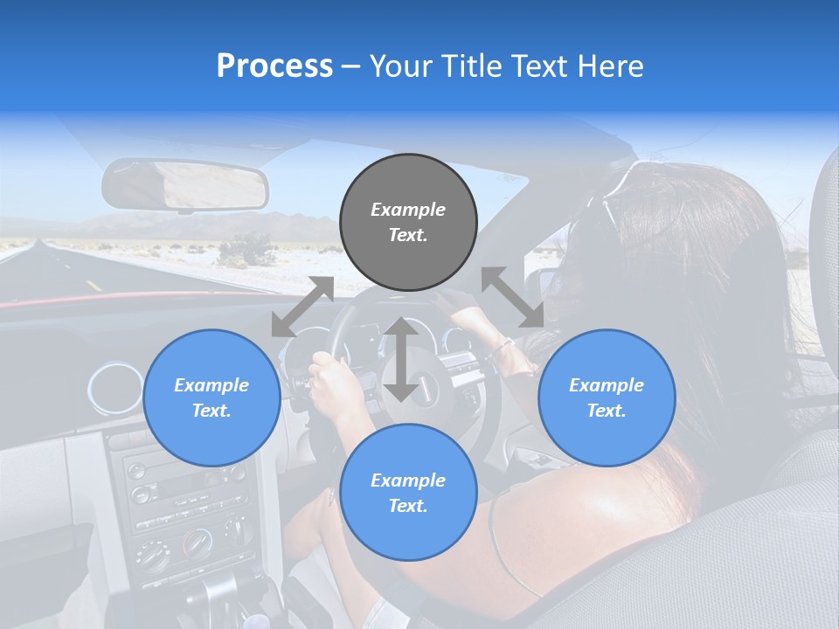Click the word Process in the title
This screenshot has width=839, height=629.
pyautogui.click(x=274, y=66)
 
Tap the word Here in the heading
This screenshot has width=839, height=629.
pyautogui.click(x=611, y=66)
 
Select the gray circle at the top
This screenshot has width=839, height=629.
pyautogui.click(x=408, y=222)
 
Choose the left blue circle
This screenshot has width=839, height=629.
pyautogui.click(x=211, y=397)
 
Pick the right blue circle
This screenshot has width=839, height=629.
pyautogui.click(x=607, y=397)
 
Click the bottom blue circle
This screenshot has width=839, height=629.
pyautogui.click(x=408, y=493)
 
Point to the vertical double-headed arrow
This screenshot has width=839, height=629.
pyautogui.click(x=400, y=359)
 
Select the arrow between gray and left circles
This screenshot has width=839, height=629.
pyautogui.click(x=302, y=306)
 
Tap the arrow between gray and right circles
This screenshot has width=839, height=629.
pyautogui.click(x=512, y=298)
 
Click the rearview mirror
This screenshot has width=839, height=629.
pyautogui.click(x=184, y=184)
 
